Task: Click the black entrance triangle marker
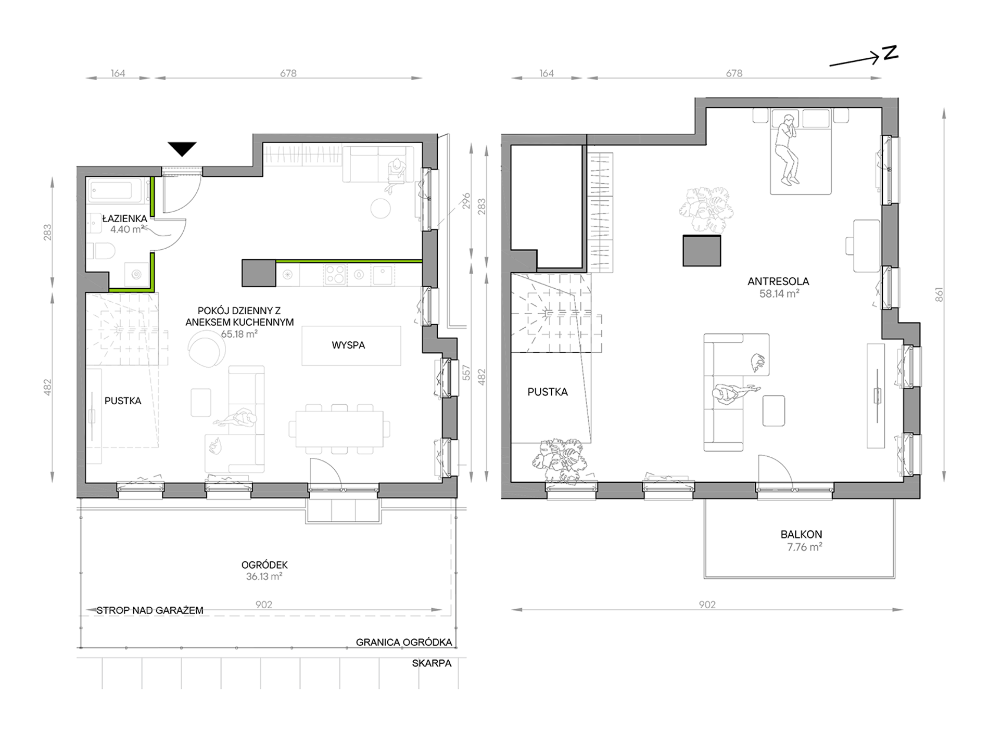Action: coord(182,149)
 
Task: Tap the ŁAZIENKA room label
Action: coord(125,219)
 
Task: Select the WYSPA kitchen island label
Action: coord(348,345)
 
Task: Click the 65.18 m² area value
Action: coord(239,334)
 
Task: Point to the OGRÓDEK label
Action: coord(264,565)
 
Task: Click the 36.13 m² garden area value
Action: coord(264,576)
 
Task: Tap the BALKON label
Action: coord(801,534)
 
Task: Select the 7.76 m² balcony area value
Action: coord(805,547)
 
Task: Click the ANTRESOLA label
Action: coord(778,281)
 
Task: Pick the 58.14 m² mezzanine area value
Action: coord(779,293)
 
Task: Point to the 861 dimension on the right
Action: coord(939,295)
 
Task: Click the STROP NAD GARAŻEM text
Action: coord(150,610)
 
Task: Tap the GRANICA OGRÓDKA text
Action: coord(404,643)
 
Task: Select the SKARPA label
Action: coord(432,663)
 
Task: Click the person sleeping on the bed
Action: coord(785,149)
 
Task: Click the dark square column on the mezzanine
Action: coord(702,251)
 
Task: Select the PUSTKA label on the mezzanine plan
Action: coord(547,392)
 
